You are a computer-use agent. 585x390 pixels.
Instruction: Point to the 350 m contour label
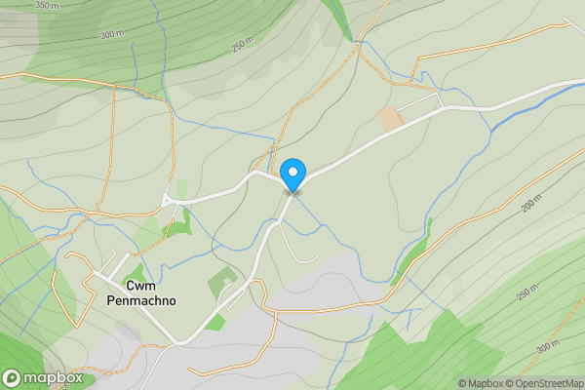(46, 5)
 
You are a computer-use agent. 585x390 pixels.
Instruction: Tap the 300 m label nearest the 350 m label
(112, 34)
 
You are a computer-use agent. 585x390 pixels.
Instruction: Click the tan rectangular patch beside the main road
(390, 119)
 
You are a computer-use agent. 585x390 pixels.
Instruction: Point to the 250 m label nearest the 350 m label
(241, 45)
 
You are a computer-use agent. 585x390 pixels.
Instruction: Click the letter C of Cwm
(130, 286)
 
